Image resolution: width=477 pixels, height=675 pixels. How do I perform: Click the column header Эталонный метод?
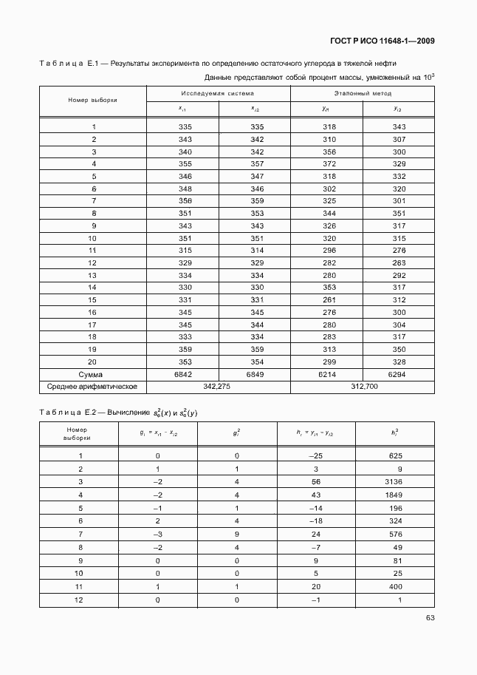click(x=362, y=94)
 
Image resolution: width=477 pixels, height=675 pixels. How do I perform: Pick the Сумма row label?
click(x=93, y=375)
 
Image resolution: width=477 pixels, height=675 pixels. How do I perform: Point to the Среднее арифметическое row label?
click(x=93, y=387)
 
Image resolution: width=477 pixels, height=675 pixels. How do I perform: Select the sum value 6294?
click(x=399, y=375)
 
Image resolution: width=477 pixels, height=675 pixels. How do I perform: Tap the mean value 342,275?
click(x=218, y=387)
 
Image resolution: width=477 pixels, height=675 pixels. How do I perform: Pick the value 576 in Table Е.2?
click(x=395, y=532)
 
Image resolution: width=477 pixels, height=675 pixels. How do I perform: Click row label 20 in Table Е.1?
click(x=93, y=362)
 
